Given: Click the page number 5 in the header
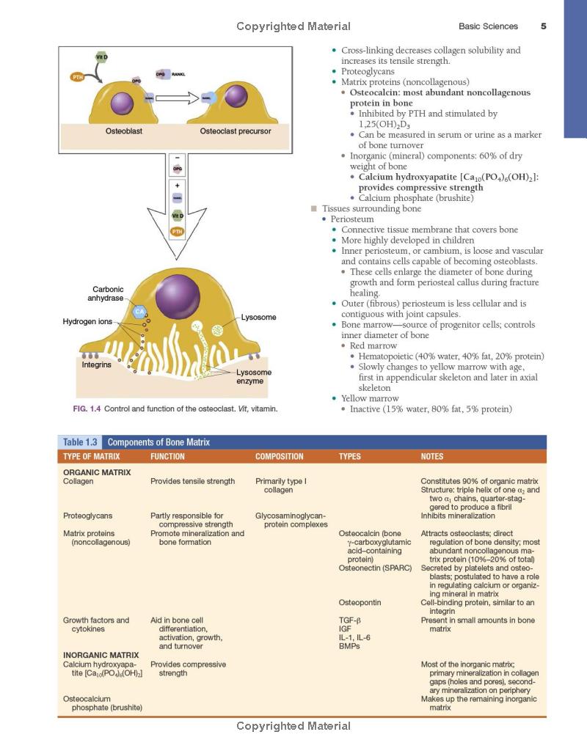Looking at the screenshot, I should pyautogui.click(x=543, y=26).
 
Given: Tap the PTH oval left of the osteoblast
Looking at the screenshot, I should pyautogui.click(x=78, y=76).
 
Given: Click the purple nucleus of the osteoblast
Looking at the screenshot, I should pyautogui.click(x=120, y=101).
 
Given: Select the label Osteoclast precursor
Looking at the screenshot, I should pyautogui.click(x=236, y=131).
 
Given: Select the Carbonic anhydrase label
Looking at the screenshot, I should pyautogui.click(x=108, y=294).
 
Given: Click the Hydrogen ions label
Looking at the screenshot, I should pyautogui.click(x=87, y=322).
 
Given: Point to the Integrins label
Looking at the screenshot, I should pyautogui.click(x=96, y=364).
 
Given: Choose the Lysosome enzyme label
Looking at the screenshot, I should pyautogui.click(x=254, y=377).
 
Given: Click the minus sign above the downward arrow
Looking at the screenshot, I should pyautogui.click(x=177, y=158).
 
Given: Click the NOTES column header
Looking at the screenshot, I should pyautogui.click(x=432, y=457).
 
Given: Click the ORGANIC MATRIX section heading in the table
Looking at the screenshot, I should pyautogui.click(x=97, y=472).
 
